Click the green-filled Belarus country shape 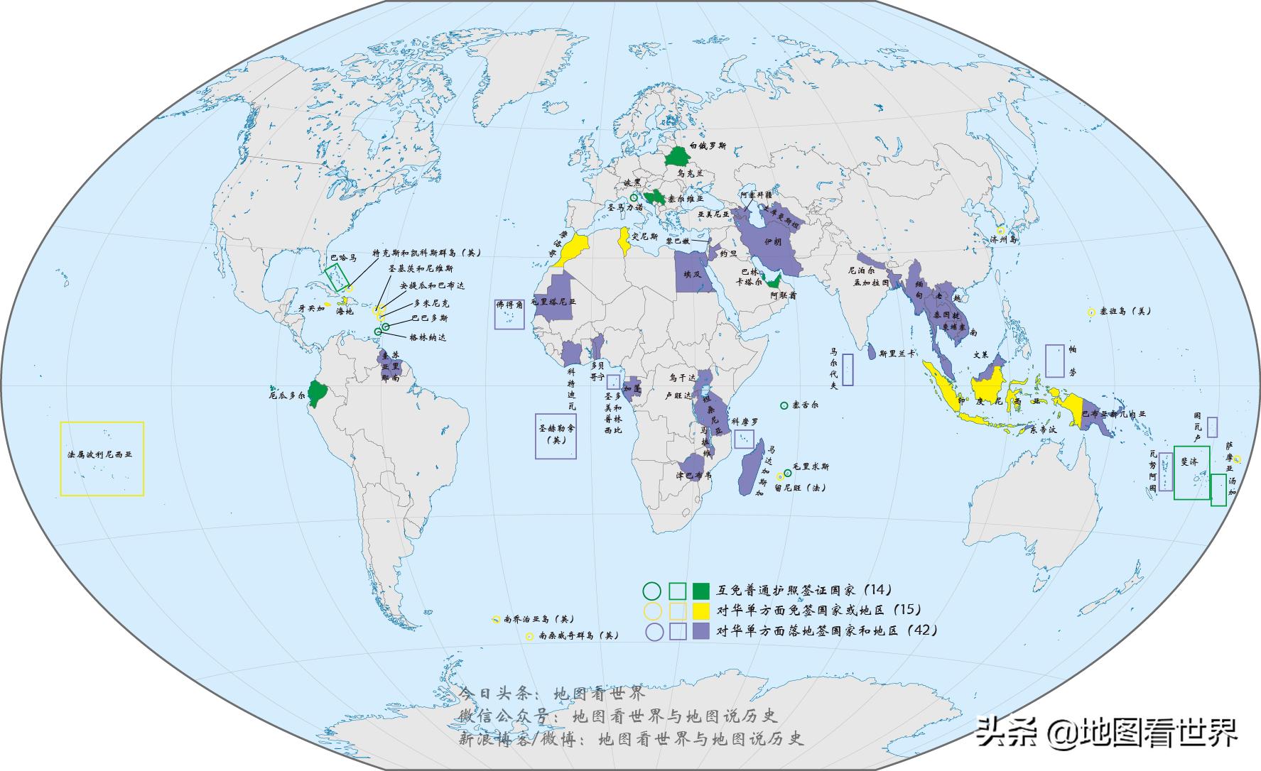pos(680,154)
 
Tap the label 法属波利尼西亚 pos(95,454)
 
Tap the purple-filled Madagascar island pos(750,469)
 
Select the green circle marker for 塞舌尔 pos(784,405)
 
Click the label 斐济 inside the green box pos(1189,461)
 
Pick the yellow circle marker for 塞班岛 pos(1091,312)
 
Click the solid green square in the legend pos(701,590)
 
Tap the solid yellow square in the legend pos(701,611)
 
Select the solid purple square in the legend pos(701,631)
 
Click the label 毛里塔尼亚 pos(553,302)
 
